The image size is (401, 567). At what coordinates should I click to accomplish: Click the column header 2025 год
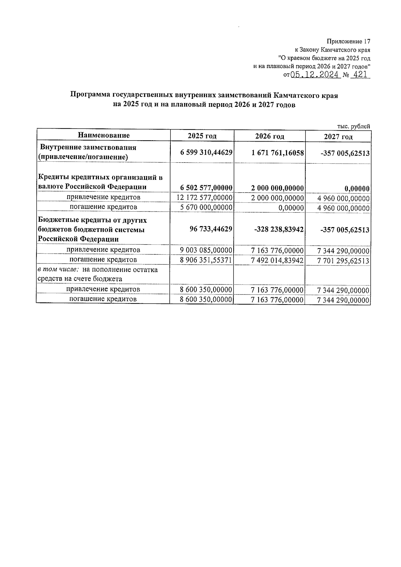click(202, 136)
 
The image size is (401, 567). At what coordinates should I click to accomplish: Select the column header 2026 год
click(269, 136)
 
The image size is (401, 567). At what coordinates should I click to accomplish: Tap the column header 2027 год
click(338, 137)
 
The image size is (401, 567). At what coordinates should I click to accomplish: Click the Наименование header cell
click(104, 135)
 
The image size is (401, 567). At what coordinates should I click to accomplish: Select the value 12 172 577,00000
click(204, 198)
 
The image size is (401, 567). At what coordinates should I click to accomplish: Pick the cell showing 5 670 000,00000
click(206, 207)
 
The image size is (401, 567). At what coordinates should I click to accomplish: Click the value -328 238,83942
click(280, 229)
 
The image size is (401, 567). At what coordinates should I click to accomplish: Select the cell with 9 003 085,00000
click(206, 250)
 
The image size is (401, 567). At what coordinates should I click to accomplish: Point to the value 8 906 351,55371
click(206, 260)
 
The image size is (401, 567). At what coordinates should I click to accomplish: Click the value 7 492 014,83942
click(277, 260)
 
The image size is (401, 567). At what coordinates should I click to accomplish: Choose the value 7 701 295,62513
click(344, 261)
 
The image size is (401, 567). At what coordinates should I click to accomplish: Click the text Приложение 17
click(349, 42)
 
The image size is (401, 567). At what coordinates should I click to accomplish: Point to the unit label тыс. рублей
click(354, 126)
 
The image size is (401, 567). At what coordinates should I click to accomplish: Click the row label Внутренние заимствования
click(88, 147)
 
